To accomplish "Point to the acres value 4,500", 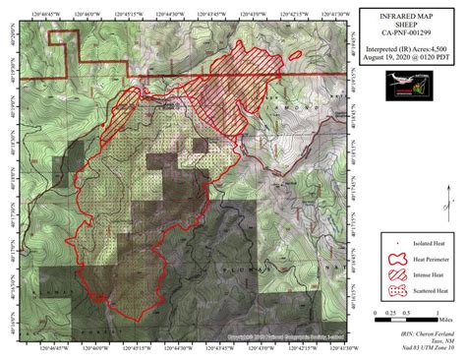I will click(x=435, y=46).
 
